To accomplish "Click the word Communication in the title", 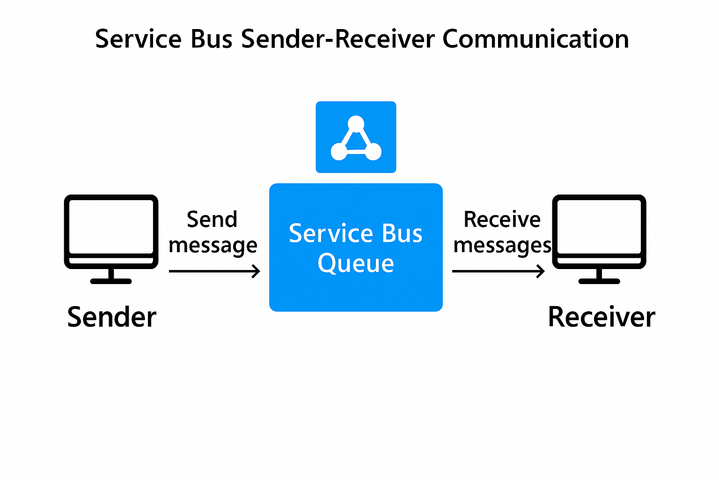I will click(x=535, y=39).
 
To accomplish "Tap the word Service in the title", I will click(x=138, y=39).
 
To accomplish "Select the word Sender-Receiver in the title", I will click(x=337, y=39).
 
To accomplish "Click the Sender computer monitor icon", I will click(x=111, y=232).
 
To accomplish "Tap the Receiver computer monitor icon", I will click(x=599, y=232).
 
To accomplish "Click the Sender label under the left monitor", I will click(x=111, y=317).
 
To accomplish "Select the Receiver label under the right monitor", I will click(x=601, y=317).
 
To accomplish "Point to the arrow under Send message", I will click(x=214, y=271).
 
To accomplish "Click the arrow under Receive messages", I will click(x=498, y=271).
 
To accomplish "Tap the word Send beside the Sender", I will click(x=212, y=219).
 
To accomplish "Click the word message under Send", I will click(x=213, y=245).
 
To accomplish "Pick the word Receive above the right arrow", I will click(x=502, y=219).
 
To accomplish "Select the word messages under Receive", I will click(x=502, y=245).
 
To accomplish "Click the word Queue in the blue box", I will click(x=356, y=263).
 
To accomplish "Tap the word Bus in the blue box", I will click(x=402, y=233).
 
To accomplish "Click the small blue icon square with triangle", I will click(x=356, y=137).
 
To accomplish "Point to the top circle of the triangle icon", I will click(x=356, y=124).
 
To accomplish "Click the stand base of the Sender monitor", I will click(x=111, y=281).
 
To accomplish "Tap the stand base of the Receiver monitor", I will click(x=599, y=281).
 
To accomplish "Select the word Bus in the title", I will click(x=212, y=39).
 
